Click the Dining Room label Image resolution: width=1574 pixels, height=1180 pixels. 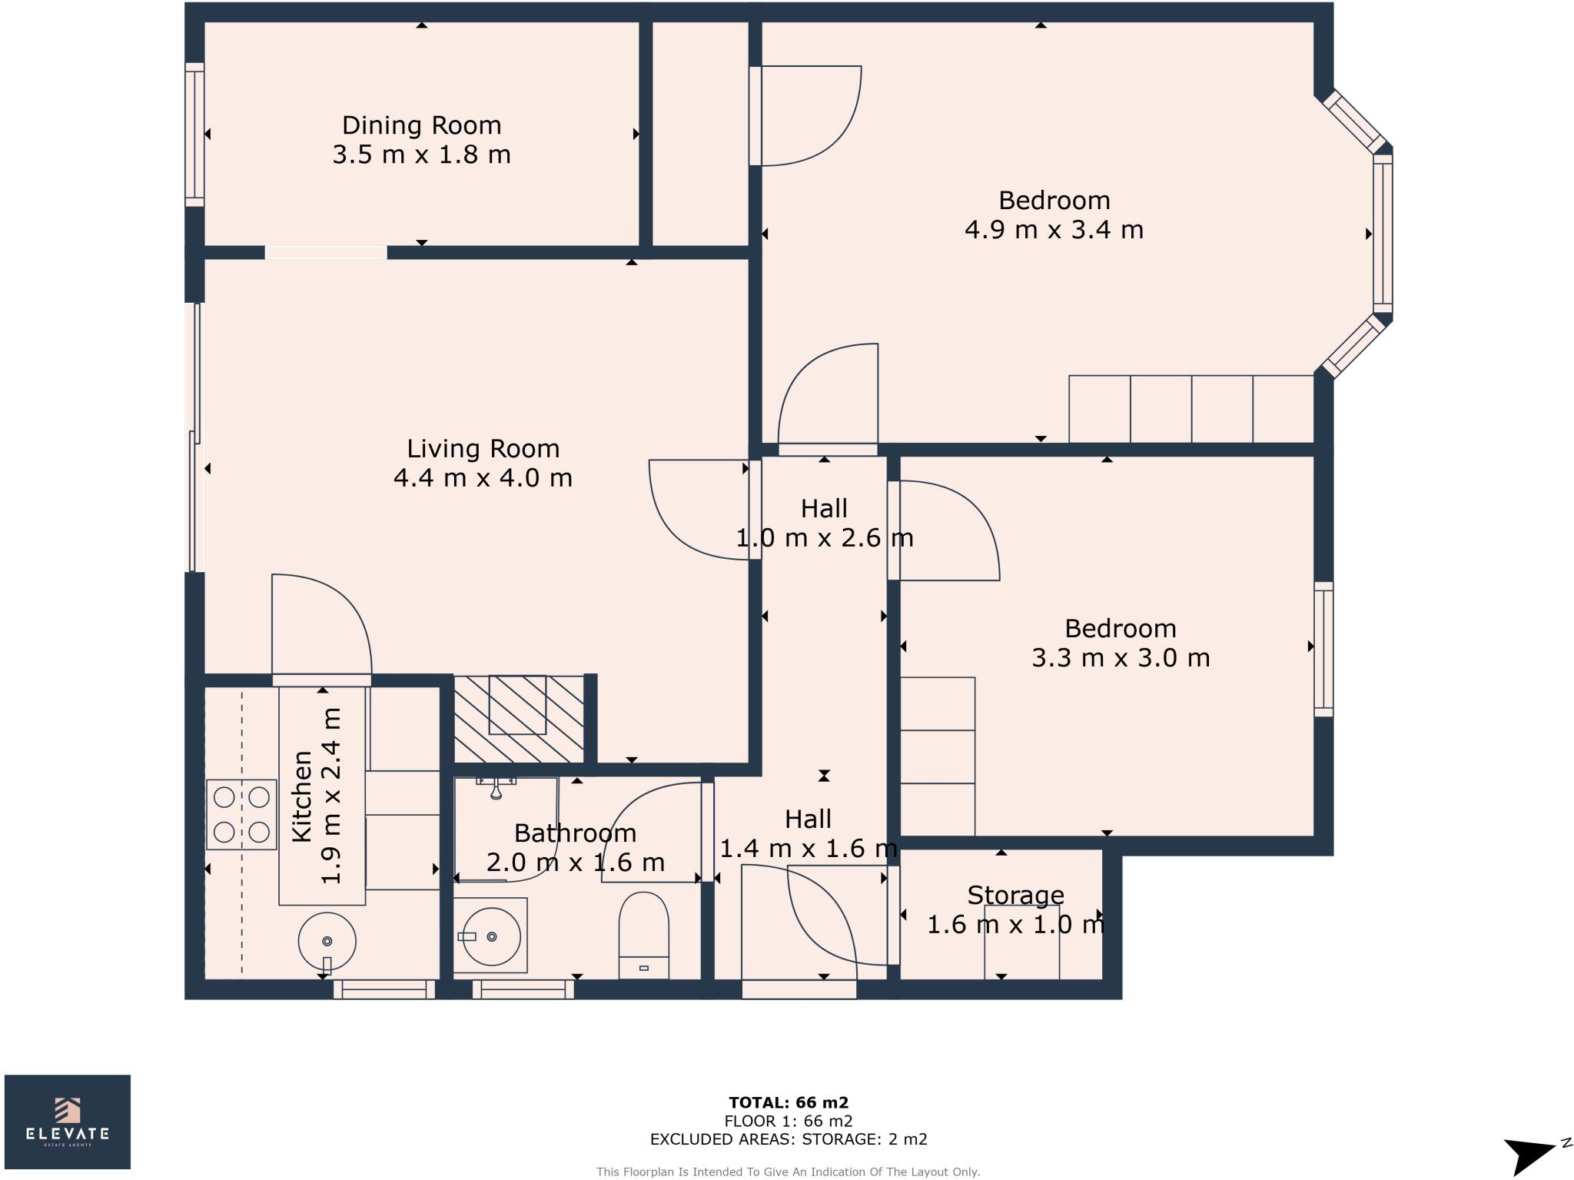pos(421,125)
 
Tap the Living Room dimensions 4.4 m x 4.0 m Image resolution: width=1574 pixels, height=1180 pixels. pos(483,477)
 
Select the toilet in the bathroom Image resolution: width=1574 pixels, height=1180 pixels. pos(643,935)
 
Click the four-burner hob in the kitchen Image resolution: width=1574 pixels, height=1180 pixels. pos(241,814)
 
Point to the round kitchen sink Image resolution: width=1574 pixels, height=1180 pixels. pos(327,942)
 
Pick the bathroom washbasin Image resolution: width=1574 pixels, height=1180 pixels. pos(490,936)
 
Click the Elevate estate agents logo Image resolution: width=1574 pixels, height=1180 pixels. pos(68,1122)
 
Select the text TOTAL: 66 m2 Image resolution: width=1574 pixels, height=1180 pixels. pos(789,1103)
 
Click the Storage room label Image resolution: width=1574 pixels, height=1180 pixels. pos(1015,895)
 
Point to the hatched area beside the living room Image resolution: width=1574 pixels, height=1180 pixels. pos(519,719)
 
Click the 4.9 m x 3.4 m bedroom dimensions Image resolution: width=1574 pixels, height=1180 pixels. pos(1054,229)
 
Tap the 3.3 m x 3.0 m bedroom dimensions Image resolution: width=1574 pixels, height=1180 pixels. pos(1121,657)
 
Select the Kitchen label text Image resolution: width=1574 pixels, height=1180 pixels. pos(302,796)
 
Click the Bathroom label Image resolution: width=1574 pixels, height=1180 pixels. pos(575,833)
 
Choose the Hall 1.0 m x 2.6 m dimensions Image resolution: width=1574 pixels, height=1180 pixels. pos(825,537)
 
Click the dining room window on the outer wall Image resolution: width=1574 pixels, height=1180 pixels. pos(194,135)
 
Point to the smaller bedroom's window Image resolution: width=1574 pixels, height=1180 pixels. pos(1323,650)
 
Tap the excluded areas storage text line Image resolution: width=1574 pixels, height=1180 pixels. pos(789,1139)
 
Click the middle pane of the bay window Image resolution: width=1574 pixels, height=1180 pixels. pos(1383,234)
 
